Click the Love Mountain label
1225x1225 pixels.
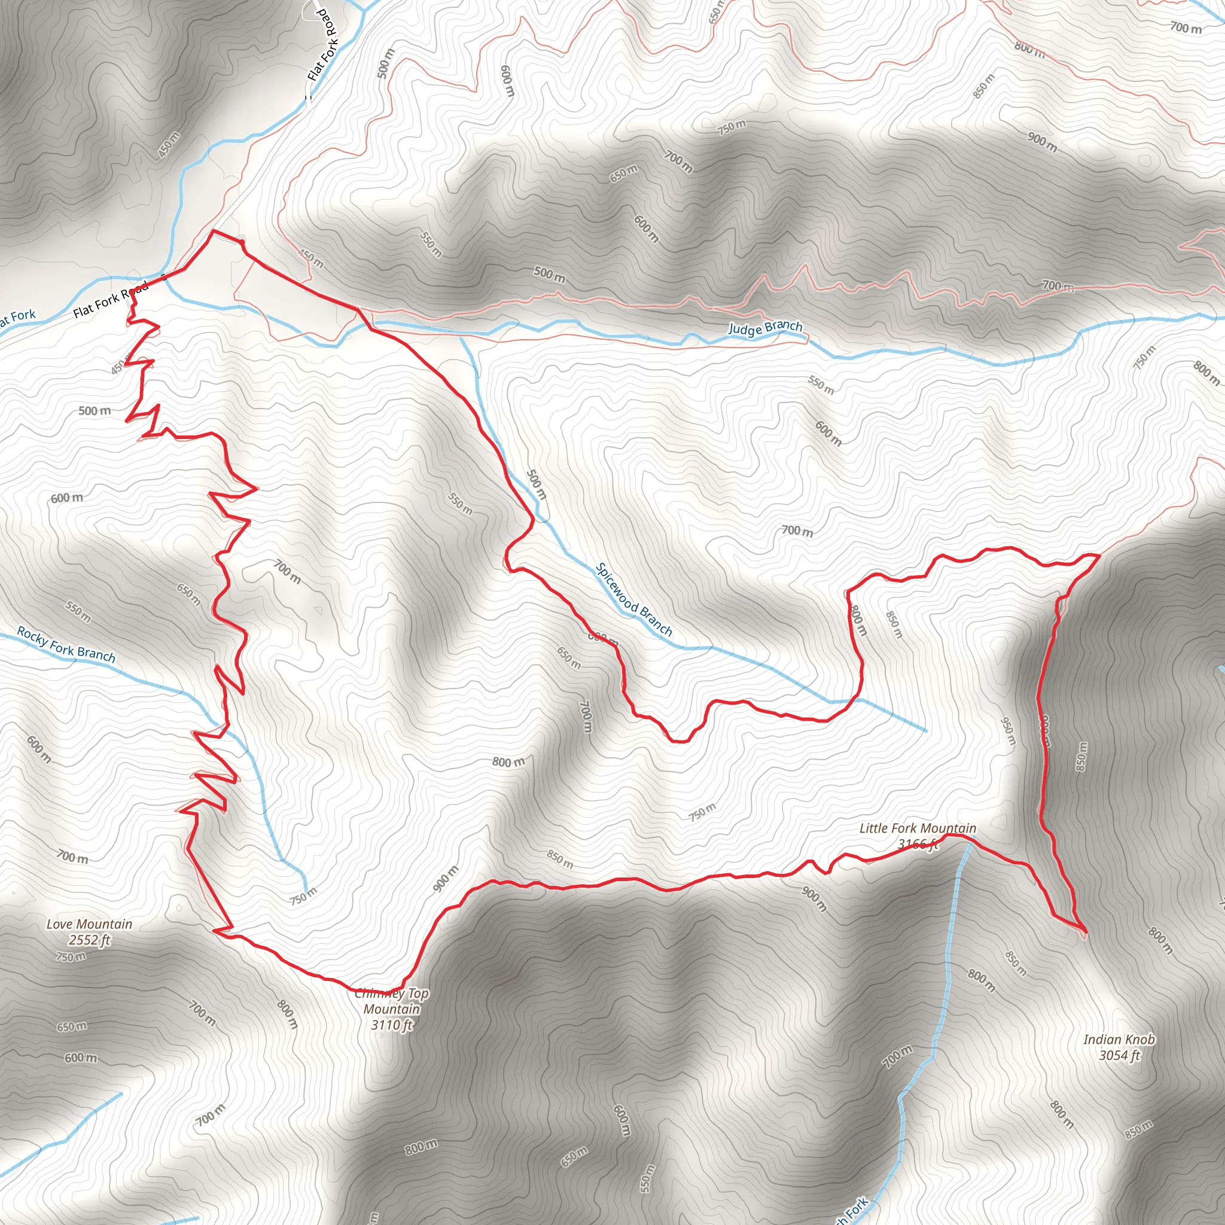click(x=89, y=925)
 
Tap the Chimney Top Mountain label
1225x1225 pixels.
click(x=392, y=1001)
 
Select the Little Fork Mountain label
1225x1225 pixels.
click(x=918, y=828)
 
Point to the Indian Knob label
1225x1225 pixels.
click(x=1119, y=1039)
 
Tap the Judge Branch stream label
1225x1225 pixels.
click(x=764, y=327)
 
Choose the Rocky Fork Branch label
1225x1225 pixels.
click(x=66, y=644)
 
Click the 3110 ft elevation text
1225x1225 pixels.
click(x=392, y=1025)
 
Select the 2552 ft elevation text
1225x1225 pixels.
click(x=89, y=940)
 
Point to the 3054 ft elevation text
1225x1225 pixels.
click(x=1119, y=1056)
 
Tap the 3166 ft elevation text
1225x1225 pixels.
click(x=918, y=844)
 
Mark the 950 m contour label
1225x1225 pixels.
click(x=1008, y=731)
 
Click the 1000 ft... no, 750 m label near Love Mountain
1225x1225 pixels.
click(x=71, y=957)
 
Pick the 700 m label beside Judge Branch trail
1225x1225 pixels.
click(x=1057, y=286)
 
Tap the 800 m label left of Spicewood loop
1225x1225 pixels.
click(x=508, y=761)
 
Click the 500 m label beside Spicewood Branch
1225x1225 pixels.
click(x=537, y=484)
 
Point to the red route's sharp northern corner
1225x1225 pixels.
click(x=214, y=231)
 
